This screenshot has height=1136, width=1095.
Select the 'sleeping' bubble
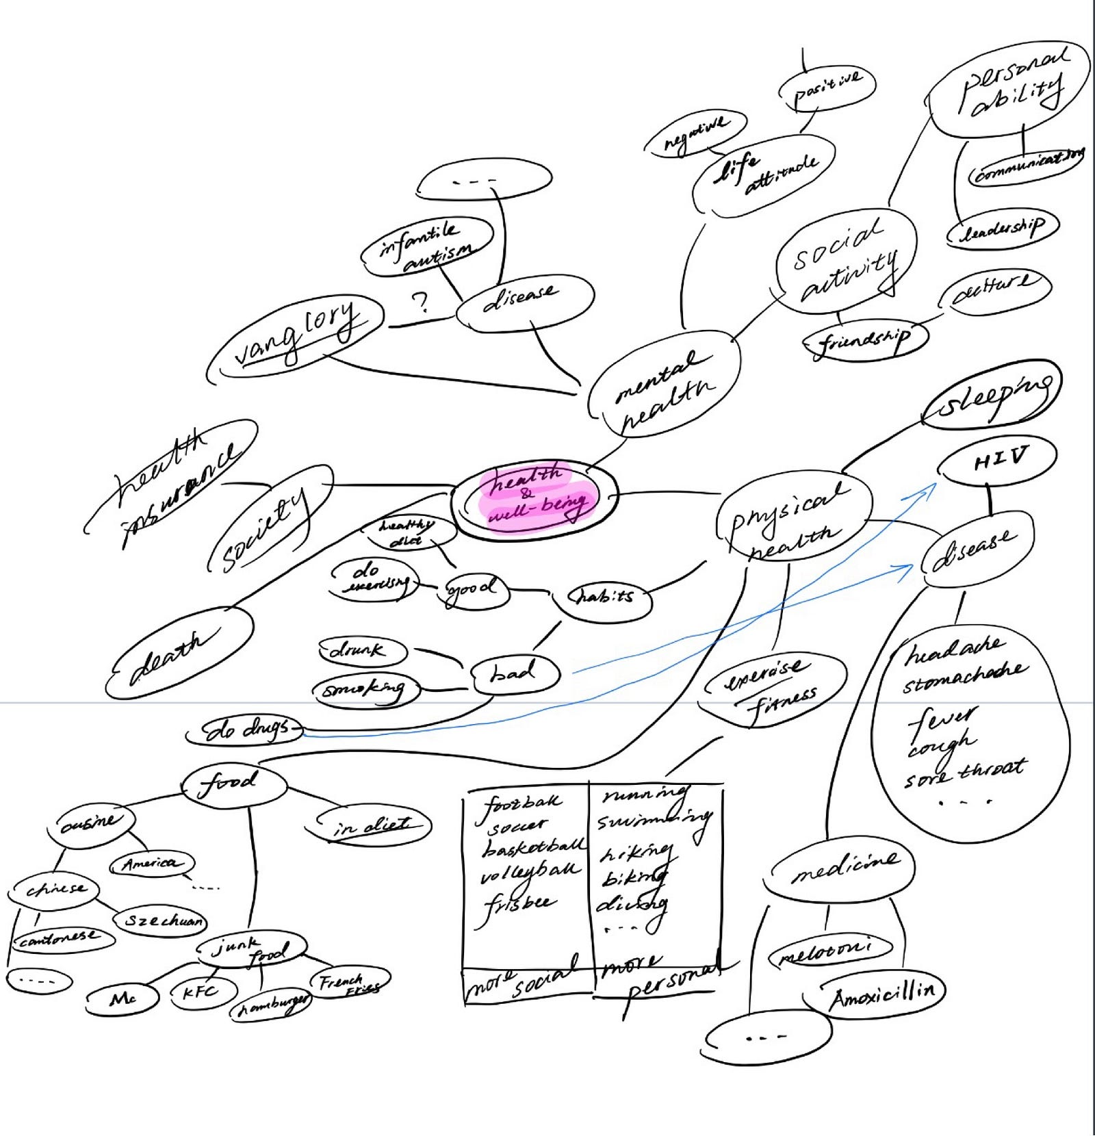[x=992, y=396]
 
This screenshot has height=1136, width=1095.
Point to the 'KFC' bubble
[x=203, y=990]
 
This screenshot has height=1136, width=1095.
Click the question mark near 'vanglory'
[x=420, y=301]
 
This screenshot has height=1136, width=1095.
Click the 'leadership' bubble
[x=1003, y=229]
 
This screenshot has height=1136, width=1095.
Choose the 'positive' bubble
[x=827, y=86]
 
